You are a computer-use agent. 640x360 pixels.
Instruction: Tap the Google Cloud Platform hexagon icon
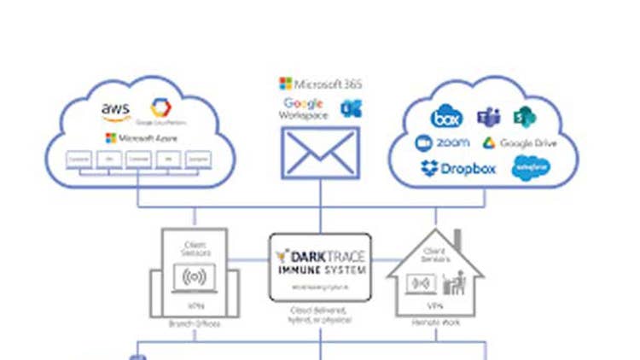(x=160, y=108)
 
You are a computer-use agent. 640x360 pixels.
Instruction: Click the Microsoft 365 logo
(x=321, y=84)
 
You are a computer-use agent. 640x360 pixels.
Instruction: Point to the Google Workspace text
(x=304, y=109)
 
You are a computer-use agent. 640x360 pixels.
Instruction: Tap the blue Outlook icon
(x=348, y=107)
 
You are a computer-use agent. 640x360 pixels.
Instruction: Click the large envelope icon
(x=320, y=153)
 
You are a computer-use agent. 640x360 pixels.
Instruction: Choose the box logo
(x=446, y=118)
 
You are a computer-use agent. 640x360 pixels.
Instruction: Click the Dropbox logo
(x=458, y=168)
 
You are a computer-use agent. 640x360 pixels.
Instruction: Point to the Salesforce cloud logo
(x=531, y=168)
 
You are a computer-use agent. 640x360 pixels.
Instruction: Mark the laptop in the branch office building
(x=195, y=277)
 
